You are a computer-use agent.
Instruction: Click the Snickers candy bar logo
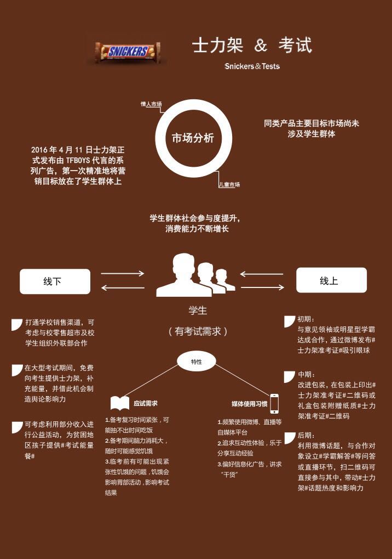pos(128,52)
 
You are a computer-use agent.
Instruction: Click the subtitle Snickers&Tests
pos(252,66)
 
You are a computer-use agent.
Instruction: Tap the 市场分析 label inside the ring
pos(193,138)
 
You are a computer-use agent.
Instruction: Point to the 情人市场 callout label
pos(151,104)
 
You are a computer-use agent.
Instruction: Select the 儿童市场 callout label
pos(229,184)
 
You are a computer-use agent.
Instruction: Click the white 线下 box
pos(55,281)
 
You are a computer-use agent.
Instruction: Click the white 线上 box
pos(332,280)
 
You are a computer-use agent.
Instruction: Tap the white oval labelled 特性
pos(197,362)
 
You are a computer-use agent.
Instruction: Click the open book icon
pos(120,403)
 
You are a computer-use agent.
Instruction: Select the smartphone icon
pos(274,404)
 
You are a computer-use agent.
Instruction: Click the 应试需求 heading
pos(146,403)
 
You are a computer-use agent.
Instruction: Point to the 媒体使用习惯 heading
pos(249,404)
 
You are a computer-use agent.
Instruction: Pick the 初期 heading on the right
pos(305,319)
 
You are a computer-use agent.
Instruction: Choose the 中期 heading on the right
pos(306,374)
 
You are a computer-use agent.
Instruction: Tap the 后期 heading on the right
pos(306,435)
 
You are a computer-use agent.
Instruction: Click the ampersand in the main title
pos(261,46)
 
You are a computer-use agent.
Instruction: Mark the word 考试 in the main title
pos(295,46)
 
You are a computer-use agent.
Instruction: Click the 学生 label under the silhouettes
pos(198,310)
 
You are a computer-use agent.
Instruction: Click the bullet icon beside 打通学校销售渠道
pos(17,324)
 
